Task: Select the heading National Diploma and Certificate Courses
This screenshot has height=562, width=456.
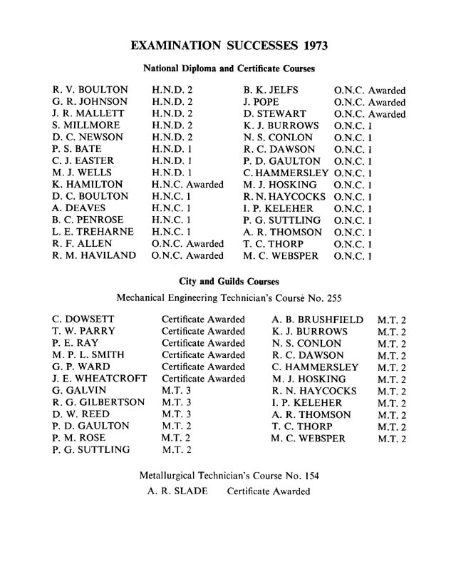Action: (229, 69)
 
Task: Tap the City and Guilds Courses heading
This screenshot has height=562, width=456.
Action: (229, 281)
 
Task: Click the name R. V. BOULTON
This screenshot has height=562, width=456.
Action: (90, 91)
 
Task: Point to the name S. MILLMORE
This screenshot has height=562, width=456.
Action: (85, 126)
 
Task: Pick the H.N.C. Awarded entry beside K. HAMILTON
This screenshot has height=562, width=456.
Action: (187, 184)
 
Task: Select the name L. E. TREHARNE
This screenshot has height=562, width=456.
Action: (92, 231)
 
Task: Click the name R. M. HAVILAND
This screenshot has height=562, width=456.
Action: (95, 255)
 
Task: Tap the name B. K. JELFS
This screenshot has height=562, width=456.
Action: (271, 91)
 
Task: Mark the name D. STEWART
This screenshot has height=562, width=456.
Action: (274, 114)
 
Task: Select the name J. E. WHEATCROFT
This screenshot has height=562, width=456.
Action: (100, 379)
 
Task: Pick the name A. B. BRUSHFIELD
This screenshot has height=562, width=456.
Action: (317, 320)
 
